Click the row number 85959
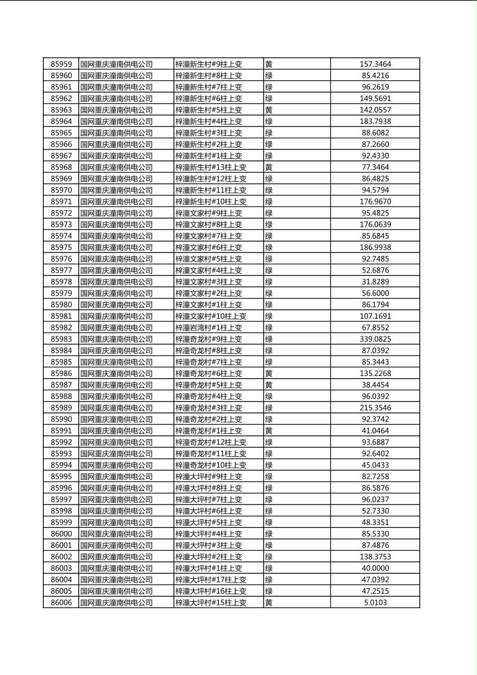pos(61,64)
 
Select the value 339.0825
pos(375,339)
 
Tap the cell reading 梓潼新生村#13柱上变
pos(211,167)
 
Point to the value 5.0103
pos(375,603)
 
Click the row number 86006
pos(61,603)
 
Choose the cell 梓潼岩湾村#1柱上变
pos(209,328)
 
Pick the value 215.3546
pos(375,408)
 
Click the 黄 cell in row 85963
pos(269,110)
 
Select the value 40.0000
pos(375,569)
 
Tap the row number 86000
pos(61,534)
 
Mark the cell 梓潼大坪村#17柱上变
pos(211,580)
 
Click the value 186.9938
pos(375,248)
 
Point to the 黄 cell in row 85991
pos(269,431)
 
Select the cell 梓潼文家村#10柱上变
pos(211,316)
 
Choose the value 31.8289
pos(375,282)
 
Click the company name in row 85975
pos(117,248)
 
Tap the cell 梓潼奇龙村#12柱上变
pos(211,442)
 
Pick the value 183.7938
pos(375,121)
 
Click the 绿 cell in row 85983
pos(269,339)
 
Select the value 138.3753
pos(375,557)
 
